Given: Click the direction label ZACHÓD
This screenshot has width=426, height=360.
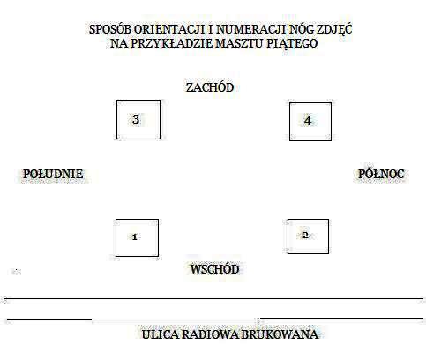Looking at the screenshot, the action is (210, 87).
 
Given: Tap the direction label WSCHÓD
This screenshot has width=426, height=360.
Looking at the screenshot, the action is (214, 269).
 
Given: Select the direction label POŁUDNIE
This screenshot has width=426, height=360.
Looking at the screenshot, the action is (53, 174).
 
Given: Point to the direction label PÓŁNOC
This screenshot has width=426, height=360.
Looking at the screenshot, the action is (381, 174).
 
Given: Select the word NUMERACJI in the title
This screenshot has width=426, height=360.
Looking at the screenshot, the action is (251, 29).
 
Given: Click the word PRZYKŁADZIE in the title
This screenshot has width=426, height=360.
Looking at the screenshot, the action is (171, 43).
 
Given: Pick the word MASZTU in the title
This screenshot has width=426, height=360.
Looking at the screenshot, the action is (240, 43).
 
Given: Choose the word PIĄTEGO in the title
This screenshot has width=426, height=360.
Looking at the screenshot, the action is (292, 43).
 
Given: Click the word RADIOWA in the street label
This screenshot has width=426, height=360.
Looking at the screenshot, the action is (210, 334).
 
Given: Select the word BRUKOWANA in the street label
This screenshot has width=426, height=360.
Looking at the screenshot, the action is (280, 334).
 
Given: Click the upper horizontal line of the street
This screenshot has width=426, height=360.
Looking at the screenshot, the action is (214, 298).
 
